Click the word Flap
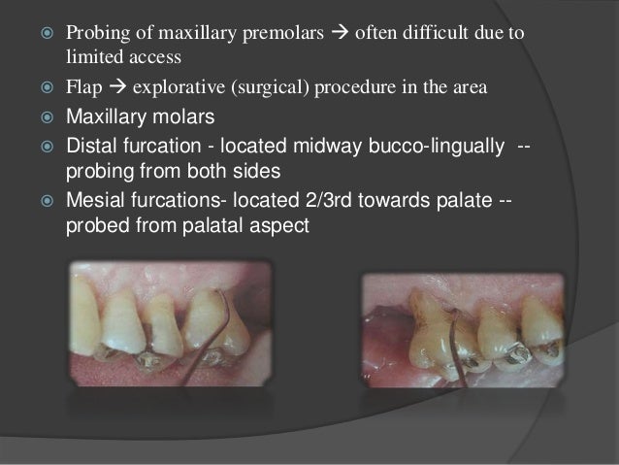[x=83, y=90]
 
